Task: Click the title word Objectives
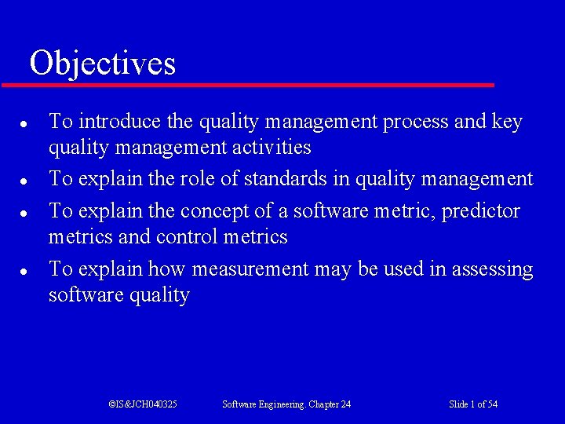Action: (102, 63)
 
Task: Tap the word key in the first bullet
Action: (507, 122)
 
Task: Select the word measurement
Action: (250, 269)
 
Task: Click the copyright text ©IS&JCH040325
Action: (143, 404)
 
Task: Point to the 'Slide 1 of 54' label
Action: (473, 404)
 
